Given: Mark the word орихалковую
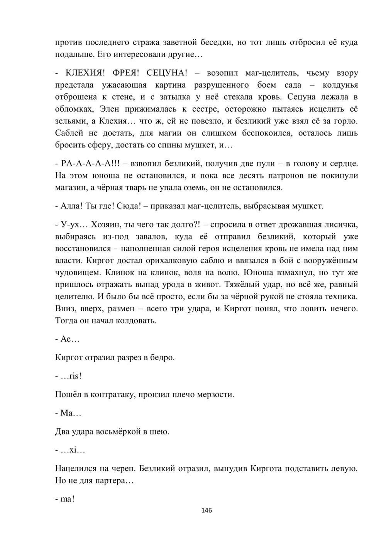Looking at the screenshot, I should (154, 260).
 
